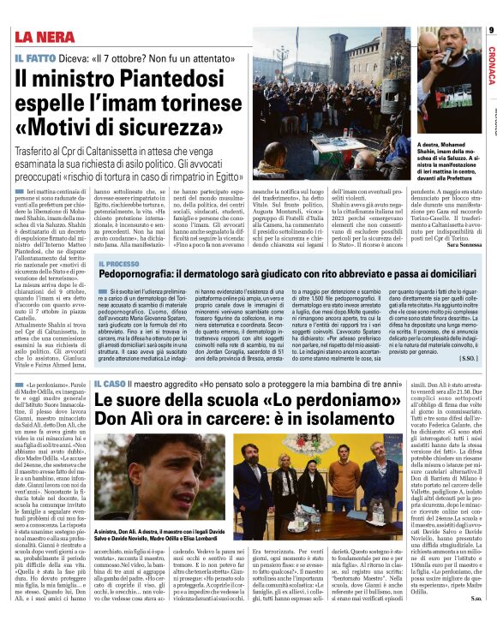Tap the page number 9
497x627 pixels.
click(x=491, y=31)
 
